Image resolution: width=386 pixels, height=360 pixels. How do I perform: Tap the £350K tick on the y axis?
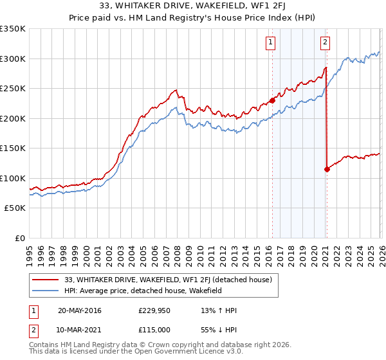tap(13, 29)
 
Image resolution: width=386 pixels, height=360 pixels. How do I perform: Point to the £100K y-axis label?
tap(13, 178)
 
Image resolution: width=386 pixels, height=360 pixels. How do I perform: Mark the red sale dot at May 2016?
tap(272, 100)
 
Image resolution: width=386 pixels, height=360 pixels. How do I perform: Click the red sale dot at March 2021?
tap(327, 169)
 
